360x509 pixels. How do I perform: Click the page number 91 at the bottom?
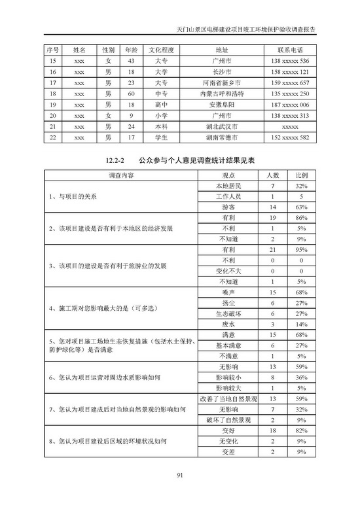click(x=179, y=475)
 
